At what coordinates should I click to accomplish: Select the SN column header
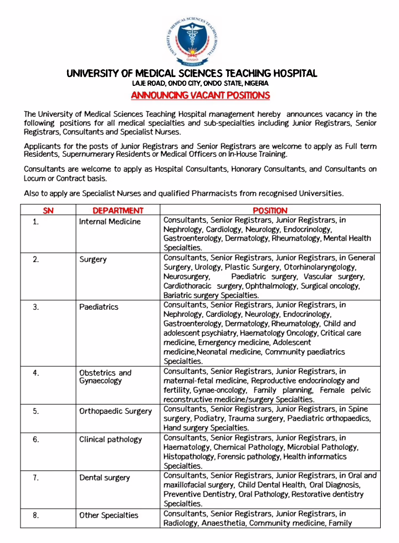click(49, 211)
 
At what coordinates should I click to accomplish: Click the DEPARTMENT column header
click(117, 211)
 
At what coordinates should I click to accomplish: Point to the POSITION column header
click(270, 211)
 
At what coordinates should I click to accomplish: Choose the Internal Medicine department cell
click(110, 222)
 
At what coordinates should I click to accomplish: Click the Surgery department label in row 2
click(93, 259)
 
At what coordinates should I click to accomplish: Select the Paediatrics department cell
click(99, 307)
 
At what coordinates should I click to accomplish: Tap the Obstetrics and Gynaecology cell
click(105, 377)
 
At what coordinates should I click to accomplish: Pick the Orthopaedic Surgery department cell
click(115, 411)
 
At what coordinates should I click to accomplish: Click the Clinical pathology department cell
click(110, 439)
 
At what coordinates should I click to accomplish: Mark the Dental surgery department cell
click(104, 478)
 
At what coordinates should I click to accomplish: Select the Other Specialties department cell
click(109, 515)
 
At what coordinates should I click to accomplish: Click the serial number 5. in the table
click(35, 411)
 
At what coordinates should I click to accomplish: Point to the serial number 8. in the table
click(35, 515)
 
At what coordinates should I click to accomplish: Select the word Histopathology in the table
click(188, 457)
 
